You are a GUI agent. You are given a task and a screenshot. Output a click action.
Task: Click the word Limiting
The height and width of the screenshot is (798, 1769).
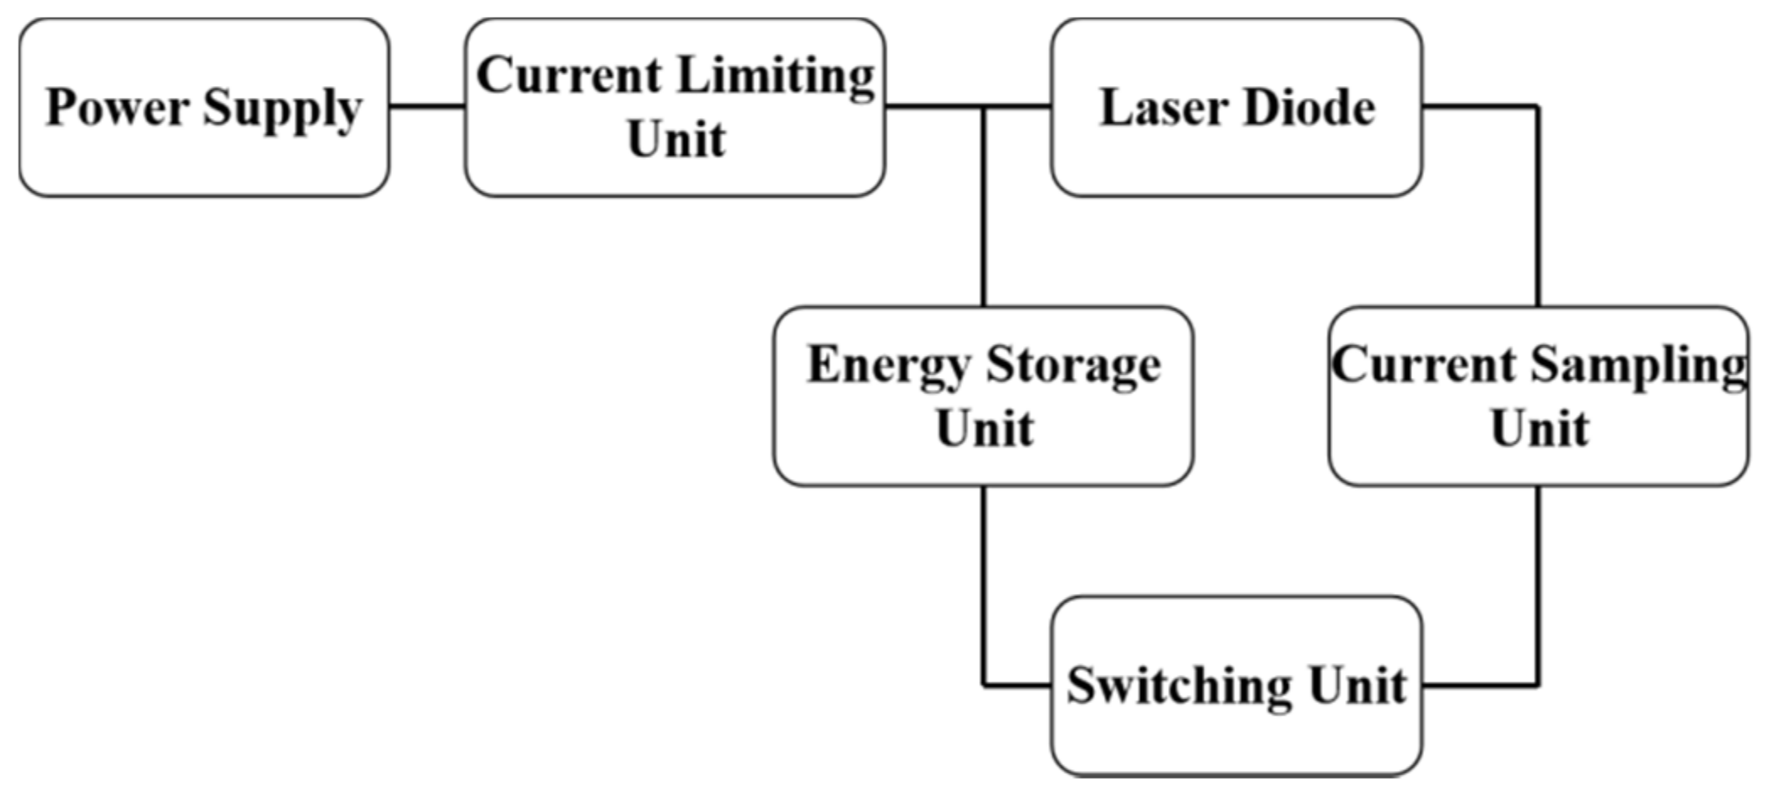776,76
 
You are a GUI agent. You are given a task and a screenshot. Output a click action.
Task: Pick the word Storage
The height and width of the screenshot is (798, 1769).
1073,365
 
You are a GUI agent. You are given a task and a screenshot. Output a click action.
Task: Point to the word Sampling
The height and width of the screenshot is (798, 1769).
1638,365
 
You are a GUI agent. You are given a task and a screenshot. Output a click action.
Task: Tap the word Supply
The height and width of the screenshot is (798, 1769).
282,108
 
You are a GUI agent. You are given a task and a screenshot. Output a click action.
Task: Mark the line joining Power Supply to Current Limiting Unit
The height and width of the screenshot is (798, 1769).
427,107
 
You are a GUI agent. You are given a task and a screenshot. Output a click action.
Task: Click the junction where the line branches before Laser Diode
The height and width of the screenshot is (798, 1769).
983,107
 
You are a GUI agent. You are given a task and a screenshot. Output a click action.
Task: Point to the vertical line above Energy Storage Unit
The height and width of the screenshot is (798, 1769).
983,211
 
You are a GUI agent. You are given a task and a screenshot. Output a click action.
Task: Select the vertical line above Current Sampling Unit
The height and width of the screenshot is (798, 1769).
1538,211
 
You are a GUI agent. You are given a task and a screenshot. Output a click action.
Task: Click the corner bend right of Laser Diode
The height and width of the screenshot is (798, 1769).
1538,107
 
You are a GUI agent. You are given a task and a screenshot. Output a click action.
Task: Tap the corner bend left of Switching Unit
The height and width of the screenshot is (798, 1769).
983,685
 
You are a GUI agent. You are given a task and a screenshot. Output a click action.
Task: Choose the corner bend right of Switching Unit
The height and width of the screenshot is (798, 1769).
1538,685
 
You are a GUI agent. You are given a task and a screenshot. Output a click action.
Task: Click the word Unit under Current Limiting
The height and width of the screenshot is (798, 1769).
675,139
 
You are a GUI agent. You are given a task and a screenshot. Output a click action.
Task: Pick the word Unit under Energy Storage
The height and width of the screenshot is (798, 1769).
984,429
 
